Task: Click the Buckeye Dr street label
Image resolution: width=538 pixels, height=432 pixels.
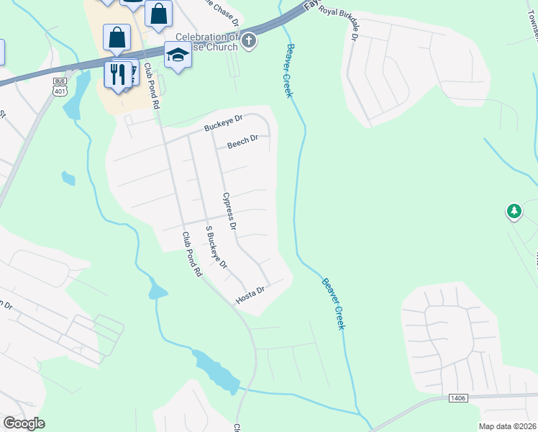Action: click(224, 124)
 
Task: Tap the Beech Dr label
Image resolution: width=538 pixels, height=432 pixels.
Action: click(242, 142)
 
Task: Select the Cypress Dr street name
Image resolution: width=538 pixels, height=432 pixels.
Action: click(229, 211)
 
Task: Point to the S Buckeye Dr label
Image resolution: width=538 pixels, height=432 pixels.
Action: click(216, 248)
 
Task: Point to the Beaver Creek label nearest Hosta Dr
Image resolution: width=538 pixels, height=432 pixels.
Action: click(334, 304)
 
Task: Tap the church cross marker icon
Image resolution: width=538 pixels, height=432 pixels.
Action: click(249, 40)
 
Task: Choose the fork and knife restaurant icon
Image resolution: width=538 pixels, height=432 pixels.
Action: click(117, 73)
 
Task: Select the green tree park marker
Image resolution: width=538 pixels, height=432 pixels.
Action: click(514, 211)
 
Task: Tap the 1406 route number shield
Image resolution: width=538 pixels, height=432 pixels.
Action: click(460, 397)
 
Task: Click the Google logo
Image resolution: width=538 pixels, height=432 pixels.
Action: click(24, 423)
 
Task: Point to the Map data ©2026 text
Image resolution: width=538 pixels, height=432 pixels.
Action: click(507, 426)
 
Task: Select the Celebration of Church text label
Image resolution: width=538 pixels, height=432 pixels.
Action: click(206, 42)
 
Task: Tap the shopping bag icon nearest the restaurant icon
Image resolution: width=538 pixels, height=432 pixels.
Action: click(117, 37)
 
